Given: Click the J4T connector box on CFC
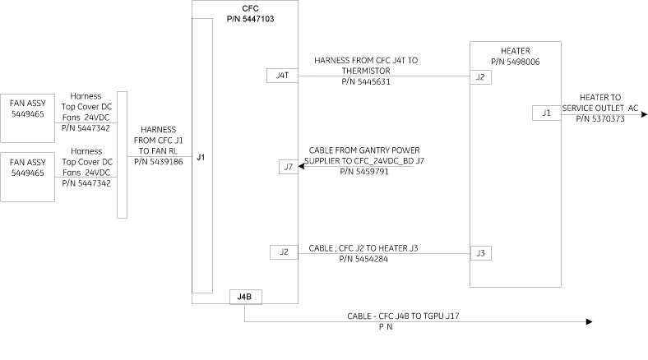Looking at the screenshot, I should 282,76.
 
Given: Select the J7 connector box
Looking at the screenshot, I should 287,168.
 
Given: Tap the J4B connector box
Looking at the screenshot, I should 244,298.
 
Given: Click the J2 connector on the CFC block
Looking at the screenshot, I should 283,252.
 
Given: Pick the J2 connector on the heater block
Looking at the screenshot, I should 480,77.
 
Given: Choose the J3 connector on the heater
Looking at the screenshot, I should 480,253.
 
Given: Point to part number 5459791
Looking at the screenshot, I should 363,173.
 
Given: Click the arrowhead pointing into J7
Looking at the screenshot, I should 300,168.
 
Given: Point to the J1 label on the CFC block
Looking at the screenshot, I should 201,155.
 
